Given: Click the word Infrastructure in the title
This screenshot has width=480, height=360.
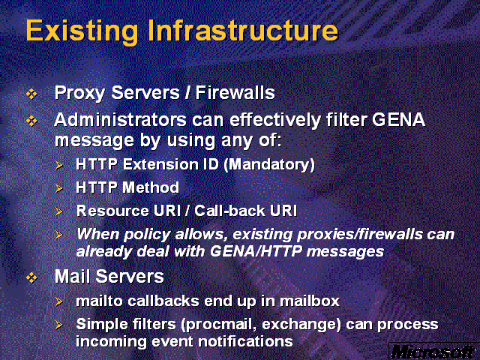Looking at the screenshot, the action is click(243, 30).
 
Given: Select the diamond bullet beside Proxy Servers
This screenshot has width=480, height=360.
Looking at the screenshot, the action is click(31, 94).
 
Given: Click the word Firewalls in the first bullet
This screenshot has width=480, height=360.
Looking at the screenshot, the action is click(235, 92).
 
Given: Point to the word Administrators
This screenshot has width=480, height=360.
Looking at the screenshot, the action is click(120, 119).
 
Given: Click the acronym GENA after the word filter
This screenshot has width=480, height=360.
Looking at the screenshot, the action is click(398, 119).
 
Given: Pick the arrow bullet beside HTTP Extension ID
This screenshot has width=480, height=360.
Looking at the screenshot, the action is click(59, 166).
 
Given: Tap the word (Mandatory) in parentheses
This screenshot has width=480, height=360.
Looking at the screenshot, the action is click(269, 165).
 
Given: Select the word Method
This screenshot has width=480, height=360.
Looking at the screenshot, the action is click(151, 187).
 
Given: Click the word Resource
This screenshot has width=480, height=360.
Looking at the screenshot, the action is click(112, 211).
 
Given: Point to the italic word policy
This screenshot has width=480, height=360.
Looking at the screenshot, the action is click(147, 235).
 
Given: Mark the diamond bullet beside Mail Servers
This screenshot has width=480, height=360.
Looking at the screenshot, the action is click(31, 277).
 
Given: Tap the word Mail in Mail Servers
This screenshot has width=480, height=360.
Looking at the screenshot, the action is click(73, 276).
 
